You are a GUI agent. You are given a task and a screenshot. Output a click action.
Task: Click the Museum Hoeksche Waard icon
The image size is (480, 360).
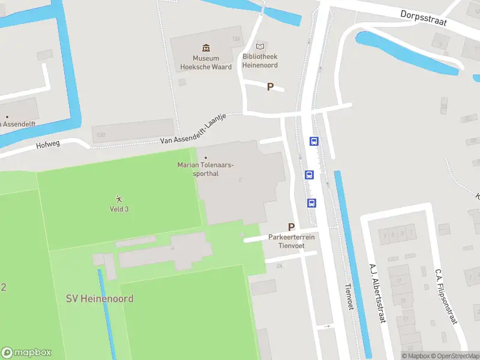pos(206,47)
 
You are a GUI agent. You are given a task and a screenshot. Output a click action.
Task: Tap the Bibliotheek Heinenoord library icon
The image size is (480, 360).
pos(260,46)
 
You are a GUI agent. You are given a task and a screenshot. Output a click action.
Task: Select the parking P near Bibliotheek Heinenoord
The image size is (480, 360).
pos(270,87)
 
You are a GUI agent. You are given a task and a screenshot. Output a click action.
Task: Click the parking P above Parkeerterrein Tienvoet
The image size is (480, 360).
pos(292,227)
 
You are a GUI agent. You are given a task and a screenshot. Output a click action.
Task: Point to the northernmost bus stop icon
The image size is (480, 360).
pos(314,142)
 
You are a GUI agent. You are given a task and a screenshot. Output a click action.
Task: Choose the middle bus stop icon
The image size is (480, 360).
pos(310,175)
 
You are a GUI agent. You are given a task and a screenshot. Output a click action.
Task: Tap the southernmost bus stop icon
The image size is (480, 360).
pos(312,203)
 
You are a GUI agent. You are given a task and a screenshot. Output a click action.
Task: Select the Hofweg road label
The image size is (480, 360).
pos(49,145)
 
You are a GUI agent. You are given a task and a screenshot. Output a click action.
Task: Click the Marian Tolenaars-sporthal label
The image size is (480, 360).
pos(206,169)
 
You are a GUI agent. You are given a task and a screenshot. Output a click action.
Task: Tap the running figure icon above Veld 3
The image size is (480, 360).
pos(119,199)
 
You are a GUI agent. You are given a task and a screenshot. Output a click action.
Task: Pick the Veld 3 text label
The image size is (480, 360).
pos(119,209)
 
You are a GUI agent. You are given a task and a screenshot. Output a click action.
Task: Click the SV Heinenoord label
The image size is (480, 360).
pos(100,299)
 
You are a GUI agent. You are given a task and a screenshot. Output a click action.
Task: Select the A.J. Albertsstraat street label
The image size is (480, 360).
pos(376,293)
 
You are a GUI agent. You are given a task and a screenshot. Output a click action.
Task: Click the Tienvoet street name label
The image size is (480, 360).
pos(347,297)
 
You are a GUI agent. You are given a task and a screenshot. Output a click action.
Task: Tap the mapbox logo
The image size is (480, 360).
pos(26,353)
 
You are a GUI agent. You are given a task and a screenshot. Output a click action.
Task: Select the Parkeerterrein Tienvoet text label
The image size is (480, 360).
pos(292,241)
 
